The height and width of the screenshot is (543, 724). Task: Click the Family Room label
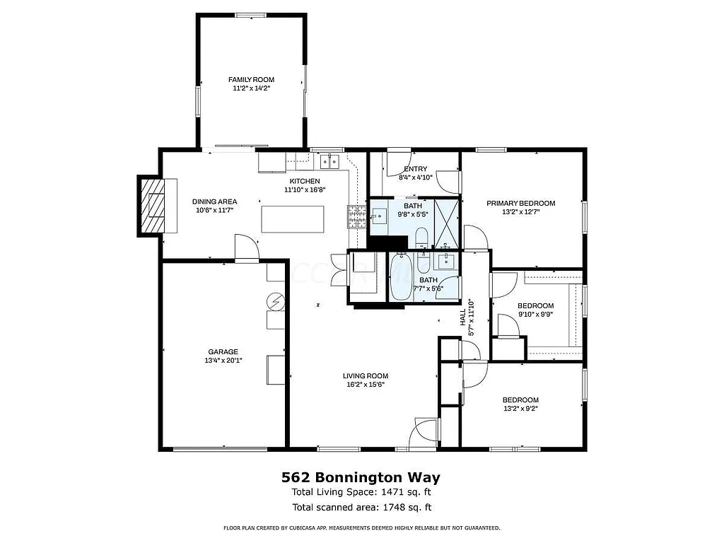[x=251, y=80]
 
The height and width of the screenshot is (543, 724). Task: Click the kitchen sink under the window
[x=329, y=162]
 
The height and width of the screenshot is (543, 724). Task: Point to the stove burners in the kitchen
[x=356, y=216]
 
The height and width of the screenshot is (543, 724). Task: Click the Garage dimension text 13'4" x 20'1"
[x=223, y=361]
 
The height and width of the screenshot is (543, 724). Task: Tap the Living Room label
[x=366, y=376]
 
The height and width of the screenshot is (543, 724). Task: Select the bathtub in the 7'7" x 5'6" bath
[x=400, y=278]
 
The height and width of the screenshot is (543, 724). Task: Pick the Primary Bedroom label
[x=520, y=203]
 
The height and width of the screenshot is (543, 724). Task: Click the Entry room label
[x=415, y=169]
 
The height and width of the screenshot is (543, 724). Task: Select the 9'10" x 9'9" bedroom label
[x=535, y=306]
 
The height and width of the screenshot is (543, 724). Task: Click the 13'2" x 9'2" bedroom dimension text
[x=520, y=409]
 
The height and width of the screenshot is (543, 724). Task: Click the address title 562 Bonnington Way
[x=361, y=477]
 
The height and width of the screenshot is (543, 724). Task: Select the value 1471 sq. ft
[x=407, y=492]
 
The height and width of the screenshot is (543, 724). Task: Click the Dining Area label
[x=215, y=202]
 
